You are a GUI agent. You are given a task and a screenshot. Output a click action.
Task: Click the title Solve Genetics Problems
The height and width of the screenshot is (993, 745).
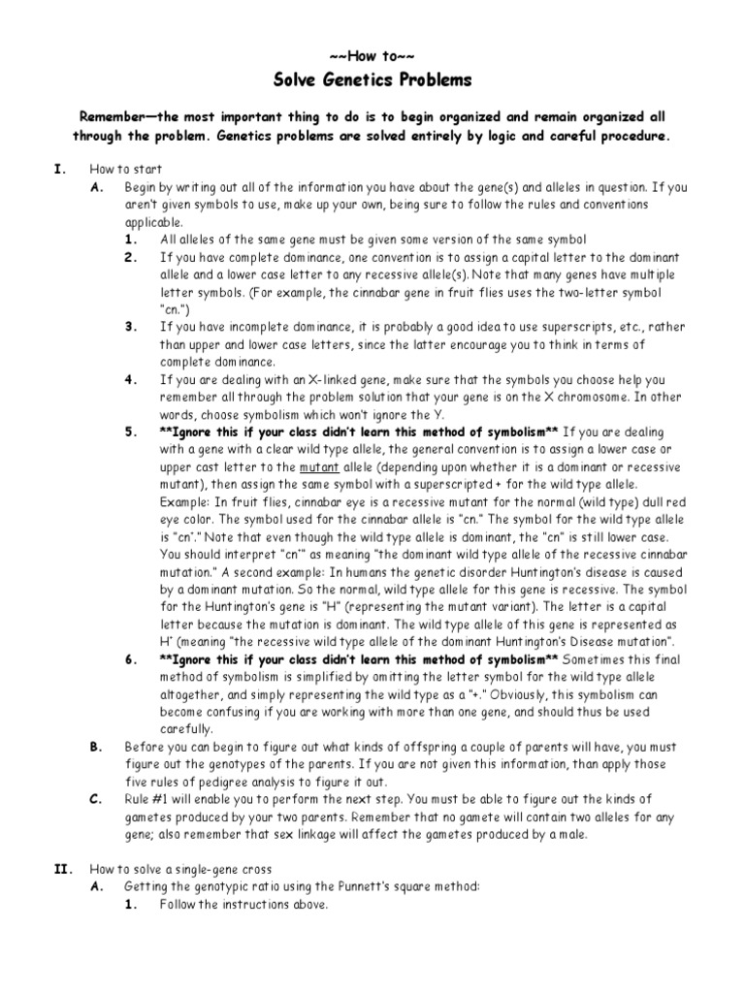[x=373, y=80]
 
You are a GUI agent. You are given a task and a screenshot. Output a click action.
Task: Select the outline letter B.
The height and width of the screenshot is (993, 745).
[x=95, y=746]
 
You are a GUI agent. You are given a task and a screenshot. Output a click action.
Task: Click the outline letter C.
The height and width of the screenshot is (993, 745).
[x=95, y=798]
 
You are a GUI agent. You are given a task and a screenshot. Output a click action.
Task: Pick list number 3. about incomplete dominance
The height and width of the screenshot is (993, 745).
[x=131, y=327]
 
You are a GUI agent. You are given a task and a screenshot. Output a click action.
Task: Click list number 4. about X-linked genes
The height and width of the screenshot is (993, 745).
[x=131, y=379]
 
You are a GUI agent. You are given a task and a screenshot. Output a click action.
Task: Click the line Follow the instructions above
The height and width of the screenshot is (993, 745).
[x=244, y=905]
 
